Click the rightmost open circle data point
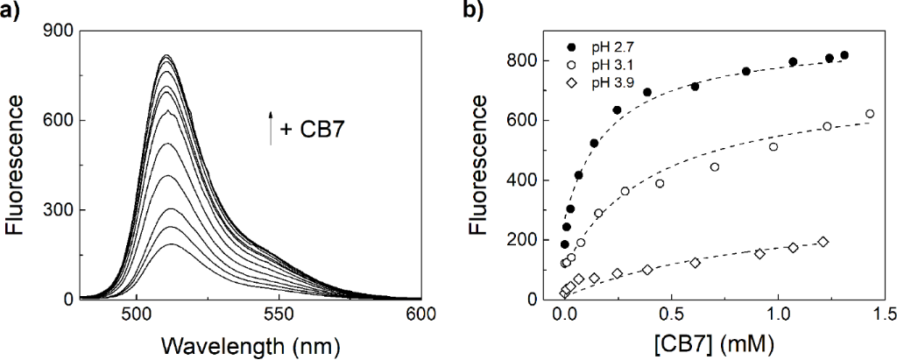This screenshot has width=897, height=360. (870, 114)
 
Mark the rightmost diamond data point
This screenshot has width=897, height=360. (823, 242)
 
